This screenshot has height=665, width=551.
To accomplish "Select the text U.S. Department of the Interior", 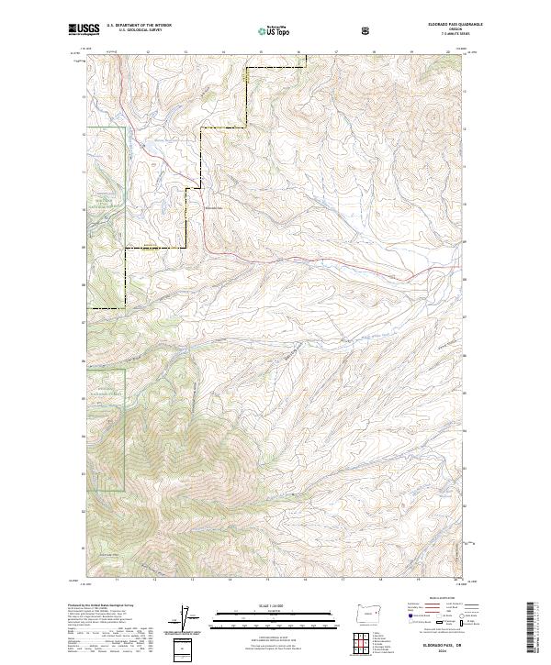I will (x=138, y=26).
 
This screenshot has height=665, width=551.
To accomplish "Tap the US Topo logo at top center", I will (x=275, y=29).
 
